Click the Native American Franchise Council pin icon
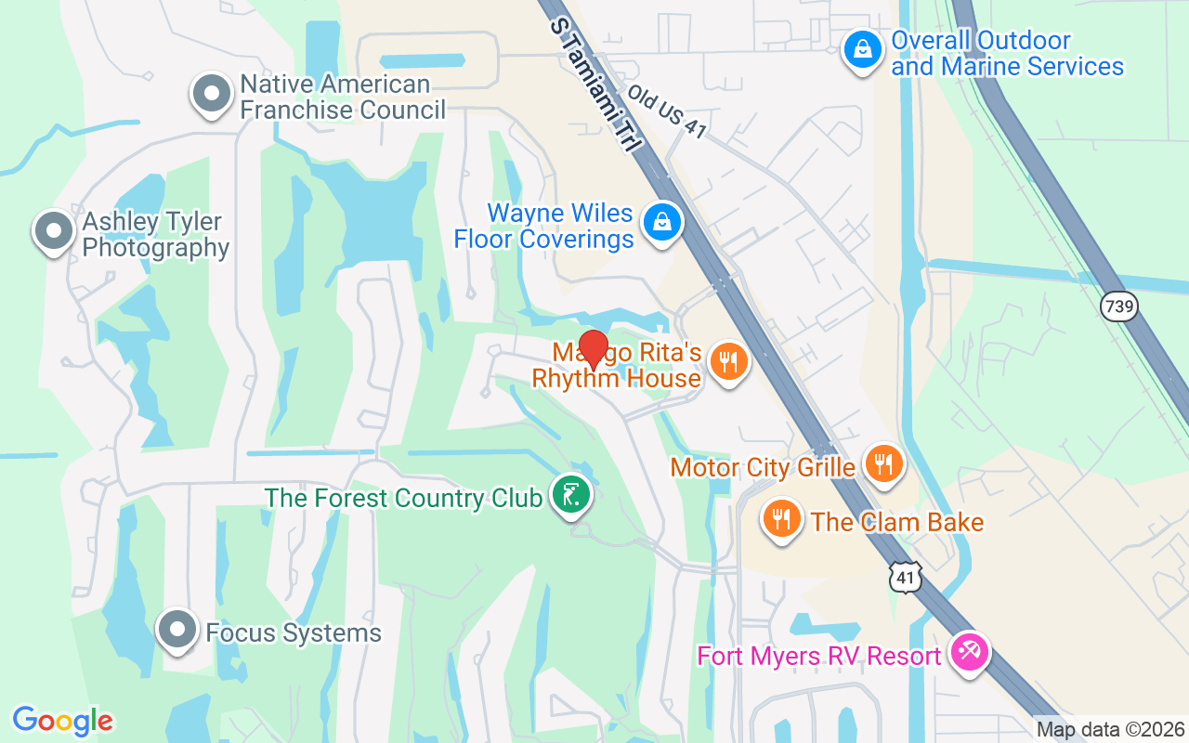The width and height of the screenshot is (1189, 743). (212, 94)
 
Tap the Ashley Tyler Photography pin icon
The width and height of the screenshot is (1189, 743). (53, 230)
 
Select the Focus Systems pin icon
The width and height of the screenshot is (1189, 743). (176, 631)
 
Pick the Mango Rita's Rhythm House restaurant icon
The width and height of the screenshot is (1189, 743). (728, 361)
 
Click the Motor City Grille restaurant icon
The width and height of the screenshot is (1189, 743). (883, 463)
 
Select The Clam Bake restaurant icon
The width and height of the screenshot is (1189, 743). (782, 518)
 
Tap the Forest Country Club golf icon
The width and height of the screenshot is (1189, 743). (570, 493)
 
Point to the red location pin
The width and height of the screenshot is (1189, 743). (593, 349)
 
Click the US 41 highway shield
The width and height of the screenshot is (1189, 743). (905, 577)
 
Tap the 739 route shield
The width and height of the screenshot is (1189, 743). (1119, 306)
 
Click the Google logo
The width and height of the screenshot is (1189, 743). (62, 720)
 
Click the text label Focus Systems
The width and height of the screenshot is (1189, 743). (294, 633)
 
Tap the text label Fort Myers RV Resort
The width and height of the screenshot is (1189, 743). (819, 656)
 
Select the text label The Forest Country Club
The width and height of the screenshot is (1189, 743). (403, 498)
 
